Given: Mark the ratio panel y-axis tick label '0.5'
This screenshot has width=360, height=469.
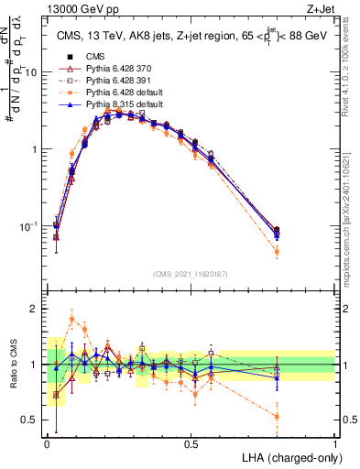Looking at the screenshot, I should [30, 420].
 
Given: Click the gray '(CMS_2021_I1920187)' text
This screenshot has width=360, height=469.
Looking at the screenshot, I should [191, 272].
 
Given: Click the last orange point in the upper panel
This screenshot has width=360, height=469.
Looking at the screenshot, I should [277, 250].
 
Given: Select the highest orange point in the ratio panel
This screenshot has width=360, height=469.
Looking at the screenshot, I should [72, 319].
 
